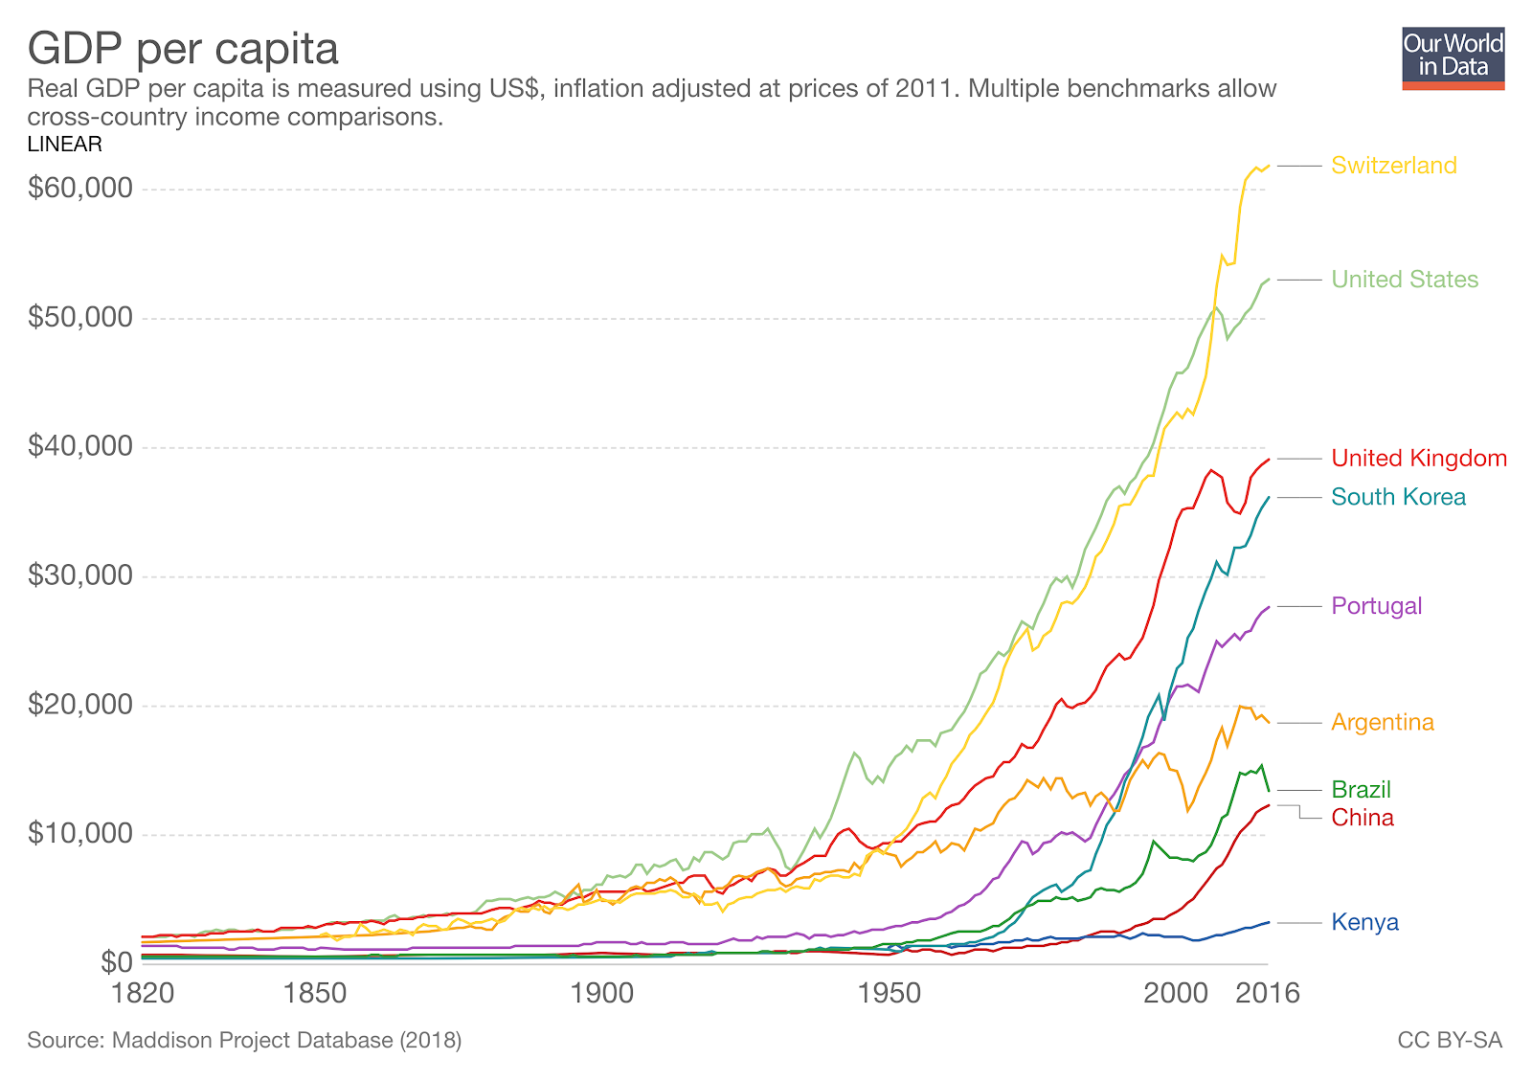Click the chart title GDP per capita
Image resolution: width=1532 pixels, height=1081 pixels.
click(183, 48)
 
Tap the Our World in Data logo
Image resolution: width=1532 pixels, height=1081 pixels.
click(1453, 57)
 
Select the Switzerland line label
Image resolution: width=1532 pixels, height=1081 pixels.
click(1393, 166)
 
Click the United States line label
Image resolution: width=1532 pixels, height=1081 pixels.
click(1405, 280)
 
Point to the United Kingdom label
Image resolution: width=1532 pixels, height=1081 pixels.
click(1419, 459)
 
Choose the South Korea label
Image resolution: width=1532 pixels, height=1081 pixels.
click(1398, 497)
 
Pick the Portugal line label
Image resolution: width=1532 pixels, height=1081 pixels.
click(1376, 606)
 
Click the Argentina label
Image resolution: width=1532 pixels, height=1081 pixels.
click(1383, 722)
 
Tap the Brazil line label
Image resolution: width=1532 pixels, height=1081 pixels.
click(1361, 790)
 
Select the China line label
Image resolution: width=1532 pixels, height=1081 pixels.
click(1363, 818)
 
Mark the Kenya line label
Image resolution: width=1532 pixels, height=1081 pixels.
click(1364, 923)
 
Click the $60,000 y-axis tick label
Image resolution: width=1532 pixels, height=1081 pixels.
click(80, 188)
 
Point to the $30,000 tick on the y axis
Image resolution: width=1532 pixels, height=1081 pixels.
click(80, 575)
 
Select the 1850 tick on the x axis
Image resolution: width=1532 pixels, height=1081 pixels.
click(315, 993)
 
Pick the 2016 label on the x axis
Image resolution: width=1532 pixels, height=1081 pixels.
click(1267, 993)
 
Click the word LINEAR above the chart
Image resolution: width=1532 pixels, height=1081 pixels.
click(64, 145)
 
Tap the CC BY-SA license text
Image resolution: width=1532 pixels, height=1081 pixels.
click(1450, 1041)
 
